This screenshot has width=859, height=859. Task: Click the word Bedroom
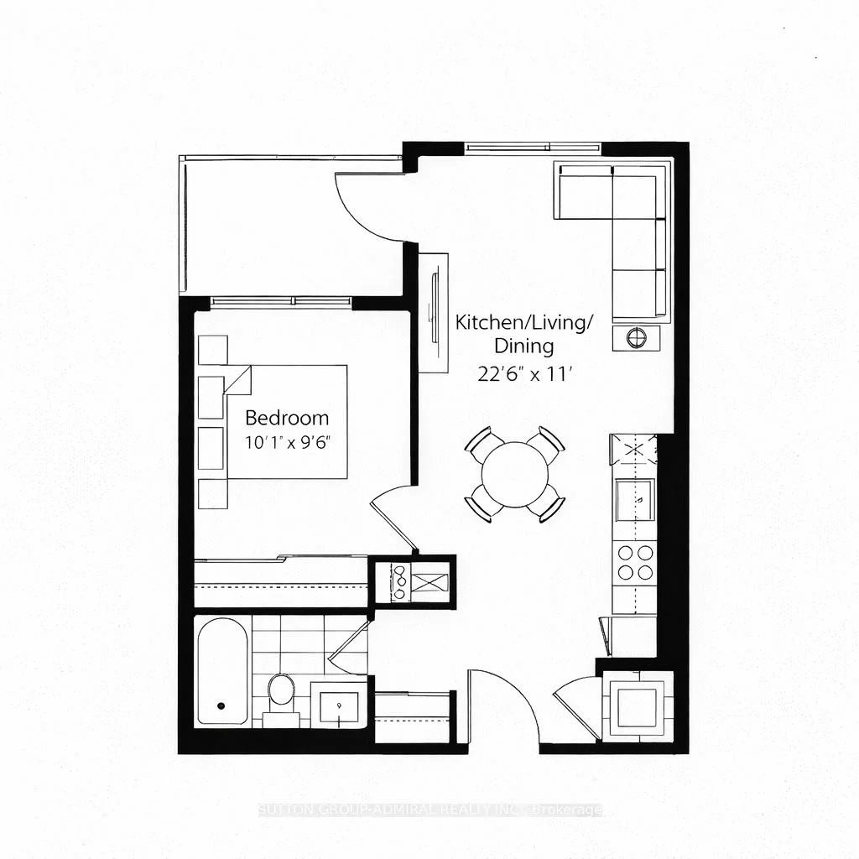point(286,418)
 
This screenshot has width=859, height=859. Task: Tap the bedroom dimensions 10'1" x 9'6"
point(286,442)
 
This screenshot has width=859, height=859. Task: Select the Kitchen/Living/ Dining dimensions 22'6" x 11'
point(524,375)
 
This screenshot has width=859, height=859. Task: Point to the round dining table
point(514,474)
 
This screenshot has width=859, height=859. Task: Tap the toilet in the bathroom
point(281,693)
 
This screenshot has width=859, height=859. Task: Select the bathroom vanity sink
point(339,705)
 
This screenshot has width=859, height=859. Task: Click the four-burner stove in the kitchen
point(635,562)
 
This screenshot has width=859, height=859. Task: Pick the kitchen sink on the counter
point(635,500)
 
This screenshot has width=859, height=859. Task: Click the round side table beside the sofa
point(637,338)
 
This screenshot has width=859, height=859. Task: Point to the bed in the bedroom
point(285,421)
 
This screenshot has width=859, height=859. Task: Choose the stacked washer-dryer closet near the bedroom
point(413,580)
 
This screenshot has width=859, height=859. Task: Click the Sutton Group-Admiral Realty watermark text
point(429,810)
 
